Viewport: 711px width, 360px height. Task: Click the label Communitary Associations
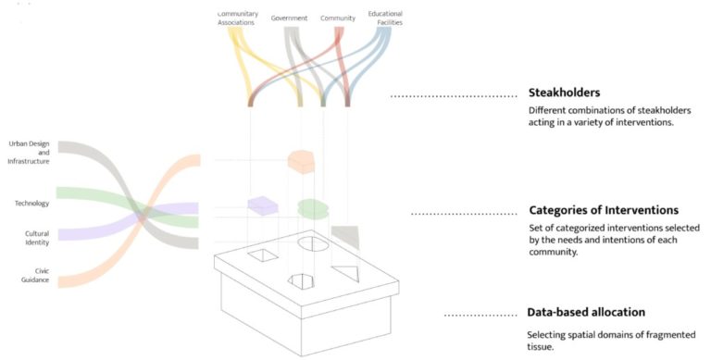237,19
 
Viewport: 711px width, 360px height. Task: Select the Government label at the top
290,19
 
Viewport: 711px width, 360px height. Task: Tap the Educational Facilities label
385,19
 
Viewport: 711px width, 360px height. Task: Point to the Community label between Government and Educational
338,19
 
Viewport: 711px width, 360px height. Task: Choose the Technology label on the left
31,203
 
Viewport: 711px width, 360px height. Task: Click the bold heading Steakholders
565,93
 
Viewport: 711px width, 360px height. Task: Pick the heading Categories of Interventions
603,211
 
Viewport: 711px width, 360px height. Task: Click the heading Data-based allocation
586,312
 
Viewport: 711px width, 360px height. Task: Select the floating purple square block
262,205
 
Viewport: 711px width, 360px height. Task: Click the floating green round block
313,208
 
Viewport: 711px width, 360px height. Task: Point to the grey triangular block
344,235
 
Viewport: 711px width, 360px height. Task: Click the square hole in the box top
261,255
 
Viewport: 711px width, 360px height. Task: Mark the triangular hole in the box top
344,273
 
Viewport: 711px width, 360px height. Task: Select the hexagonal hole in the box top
302,280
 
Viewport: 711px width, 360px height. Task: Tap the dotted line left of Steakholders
453,96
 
